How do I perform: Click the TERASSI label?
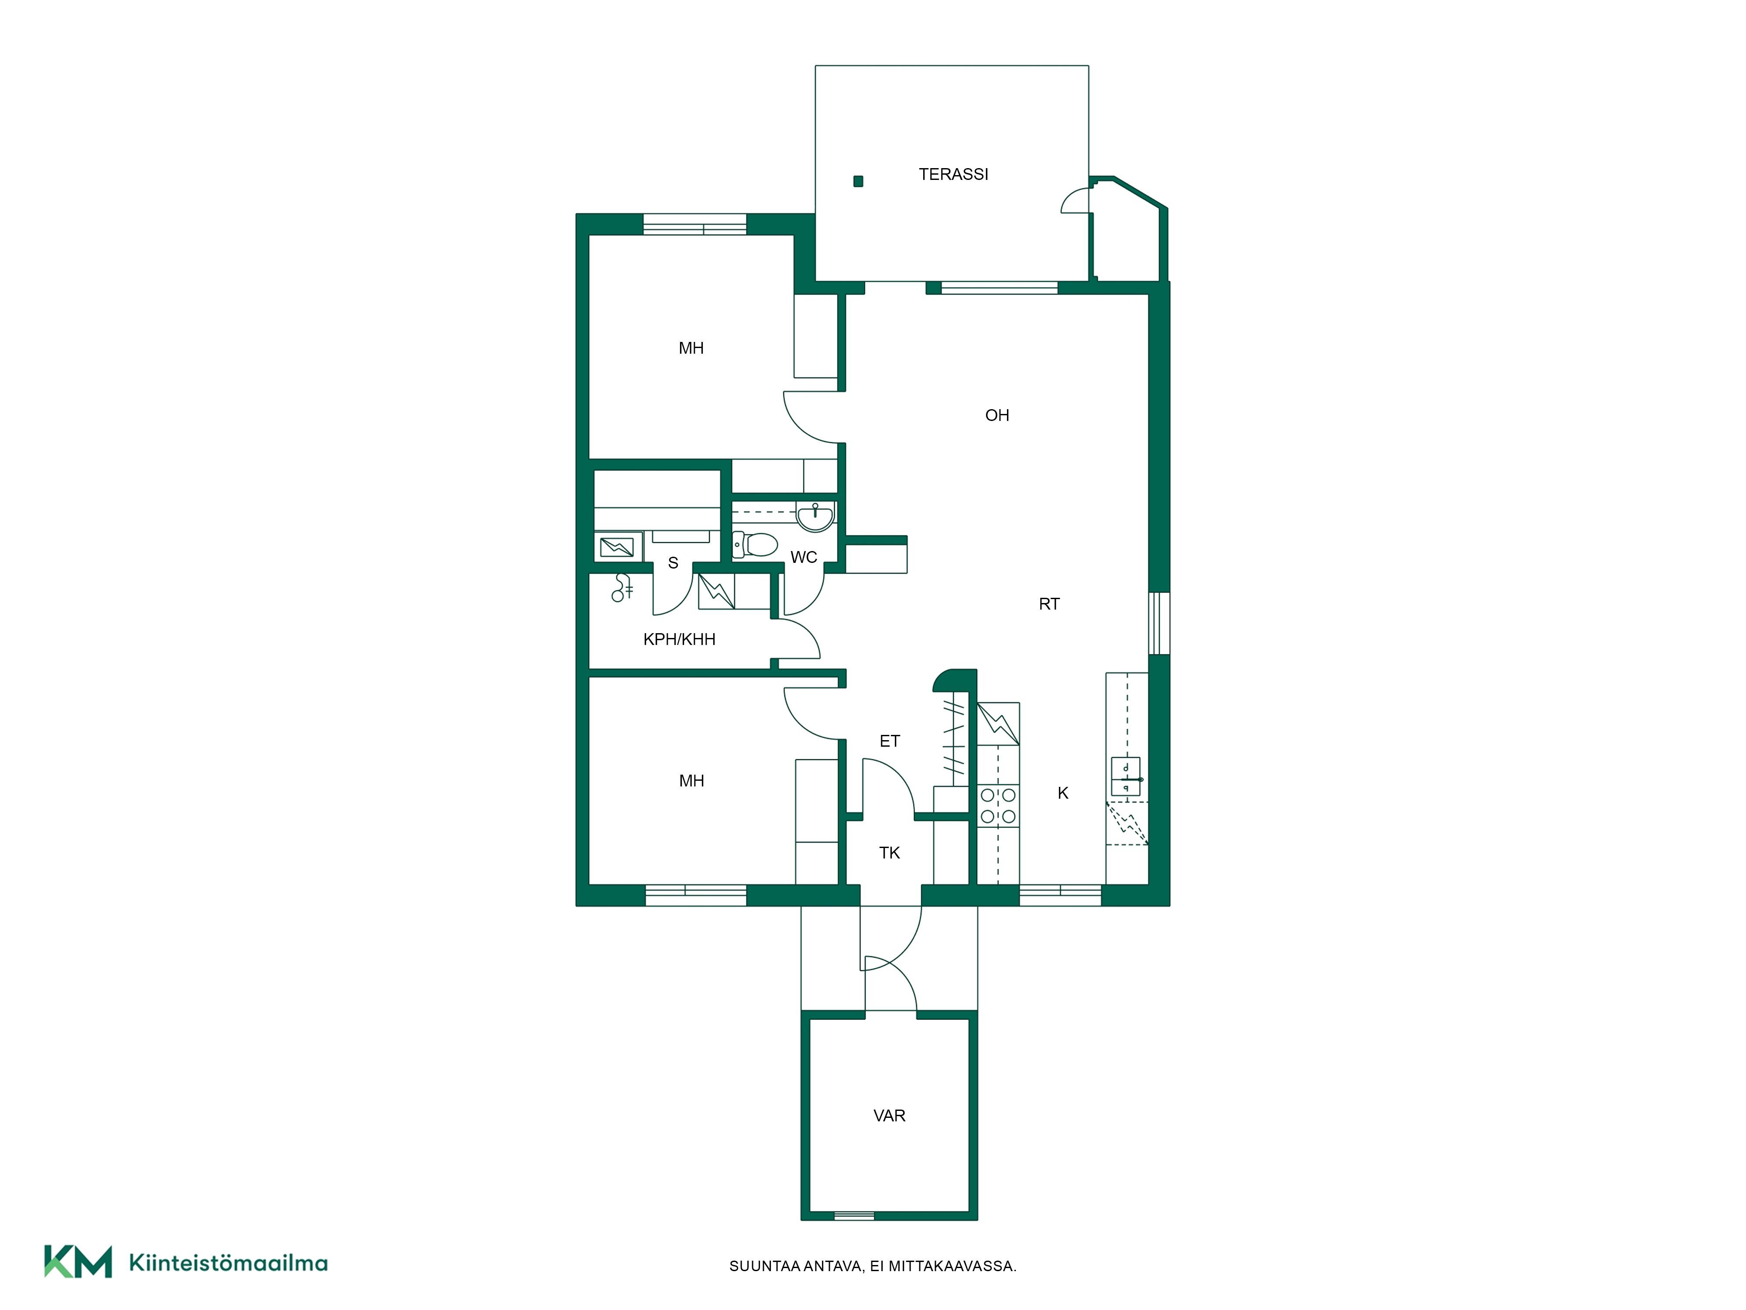953,174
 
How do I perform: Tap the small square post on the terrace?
858,181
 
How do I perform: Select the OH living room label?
997,415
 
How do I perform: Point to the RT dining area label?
1049,604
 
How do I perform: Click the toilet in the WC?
756,545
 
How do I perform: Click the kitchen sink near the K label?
1126,776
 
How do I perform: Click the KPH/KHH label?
680,640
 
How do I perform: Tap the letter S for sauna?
673,563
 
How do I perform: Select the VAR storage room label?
890,1116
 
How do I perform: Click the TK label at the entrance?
890,853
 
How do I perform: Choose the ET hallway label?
890,741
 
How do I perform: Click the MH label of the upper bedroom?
691,348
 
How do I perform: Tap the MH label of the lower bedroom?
691,781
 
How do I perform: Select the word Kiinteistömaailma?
228,1263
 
